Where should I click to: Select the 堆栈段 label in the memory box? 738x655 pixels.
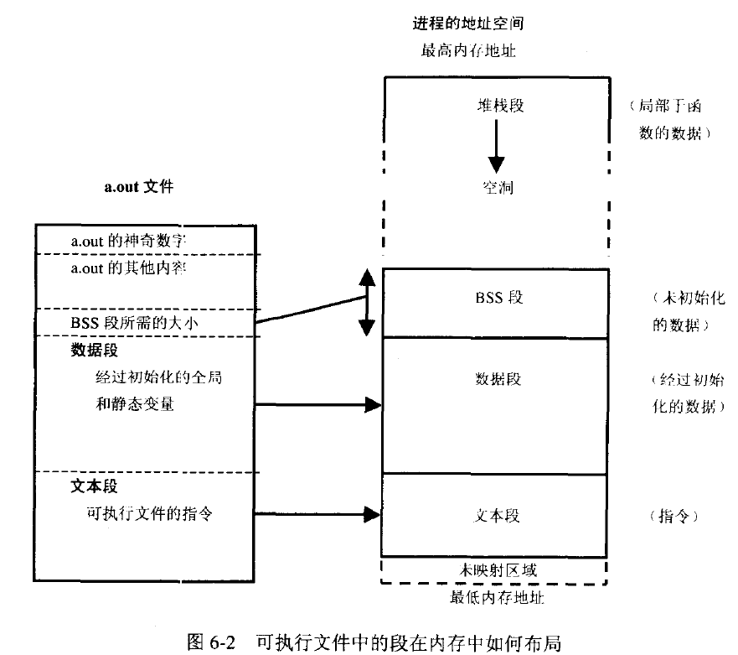point(497,107)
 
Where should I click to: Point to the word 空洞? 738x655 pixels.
point(497,188)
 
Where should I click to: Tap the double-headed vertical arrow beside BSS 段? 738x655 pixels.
point(366,303)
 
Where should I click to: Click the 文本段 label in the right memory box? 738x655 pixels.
point(497,515)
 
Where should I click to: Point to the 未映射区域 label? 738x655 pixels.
point(497,569)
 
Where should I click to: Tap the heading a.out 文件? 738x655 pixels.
point(138,188)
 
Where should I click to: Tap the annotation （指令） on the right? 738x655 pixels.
point(673,516)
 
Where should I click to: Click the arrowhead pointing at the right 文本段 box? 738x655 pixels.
point(374,513)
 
